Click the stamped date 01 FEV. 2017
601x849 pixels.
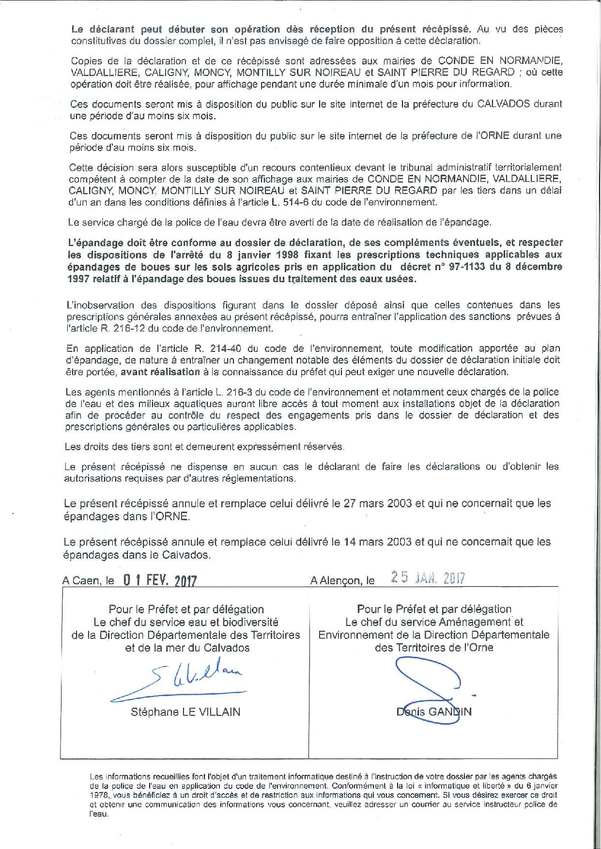[160, 580]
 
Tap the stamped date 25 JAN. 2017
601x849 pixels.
[428, 578]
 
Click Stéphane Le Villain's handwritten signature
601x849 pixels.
[184, 680]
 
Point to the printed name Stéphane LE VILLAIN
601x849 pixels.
[185, 712]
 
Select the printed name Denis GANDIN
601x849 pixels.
[433, 712]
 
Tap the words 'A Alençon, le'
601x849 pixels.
[342, 580]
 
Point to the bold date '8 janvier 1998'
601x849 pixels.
[233, 255]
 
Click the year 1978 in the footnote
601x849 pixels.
[98, 795]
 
